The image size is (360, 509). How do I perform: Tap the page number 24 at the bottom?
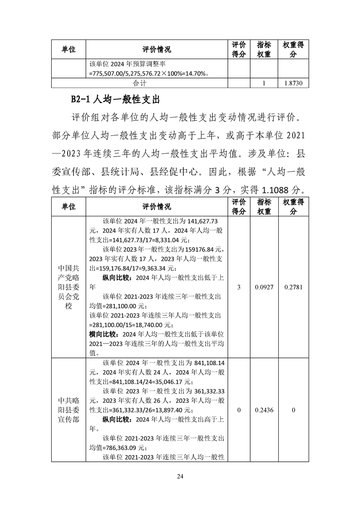coord(180,476)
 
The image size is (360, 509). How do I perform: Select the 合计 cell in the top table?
coord(140,83)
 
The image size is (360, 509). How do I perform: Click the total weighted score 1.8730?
coord(293,83)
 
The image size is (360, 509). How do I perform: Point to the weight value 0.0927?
coord(264,287)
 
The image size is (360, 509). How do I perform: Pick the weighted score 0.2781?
coord(293,287)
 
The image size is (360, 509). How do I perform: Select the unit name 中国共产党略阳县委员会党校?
coord(69,287)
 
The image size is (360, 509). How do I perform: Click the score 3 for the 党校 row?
coord(239,287)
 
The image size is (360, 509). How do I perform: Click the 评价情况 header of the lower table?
coord(157,207)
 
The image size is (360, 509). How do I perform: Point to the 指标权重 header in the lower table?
coord(264,207)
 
